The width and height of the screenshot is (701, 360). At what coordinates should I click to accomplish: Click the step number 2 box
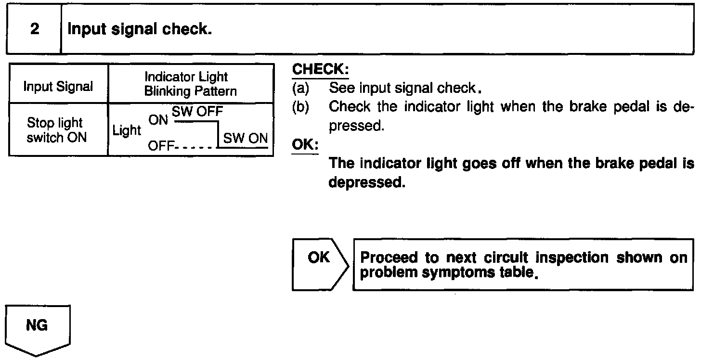point(34,29)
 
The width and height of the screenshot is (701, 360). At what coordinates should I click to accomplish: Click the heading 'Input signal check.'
point(140,29)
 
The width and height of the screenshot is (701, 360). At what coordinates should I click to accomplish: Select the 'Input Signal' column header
point(58,87)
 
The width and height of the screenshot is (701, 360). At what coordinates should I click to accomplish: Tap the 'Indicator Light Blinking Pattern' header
point(190,84)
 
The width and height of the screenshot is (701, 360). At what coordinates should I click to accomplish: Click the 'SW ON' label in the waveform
point(245,138)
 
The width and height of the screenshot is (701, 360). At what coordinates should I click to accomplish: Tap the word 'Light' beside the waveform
point(127,130)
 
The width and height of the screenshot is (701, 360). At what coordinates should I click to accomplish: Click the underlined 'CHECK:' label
point(320,70)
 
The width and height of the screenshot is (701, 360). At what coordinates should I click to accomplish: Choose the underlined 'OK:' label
point(305,144)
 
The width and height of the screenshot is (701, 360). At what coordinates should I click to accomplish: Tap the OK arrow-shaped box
point(319,264)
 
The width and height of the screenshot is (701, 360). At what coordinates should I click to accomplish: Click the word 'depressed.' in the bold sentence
point(364,183)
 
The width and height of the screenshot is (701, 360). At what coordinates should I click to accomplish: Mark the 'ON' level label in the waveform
point(158,120)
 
